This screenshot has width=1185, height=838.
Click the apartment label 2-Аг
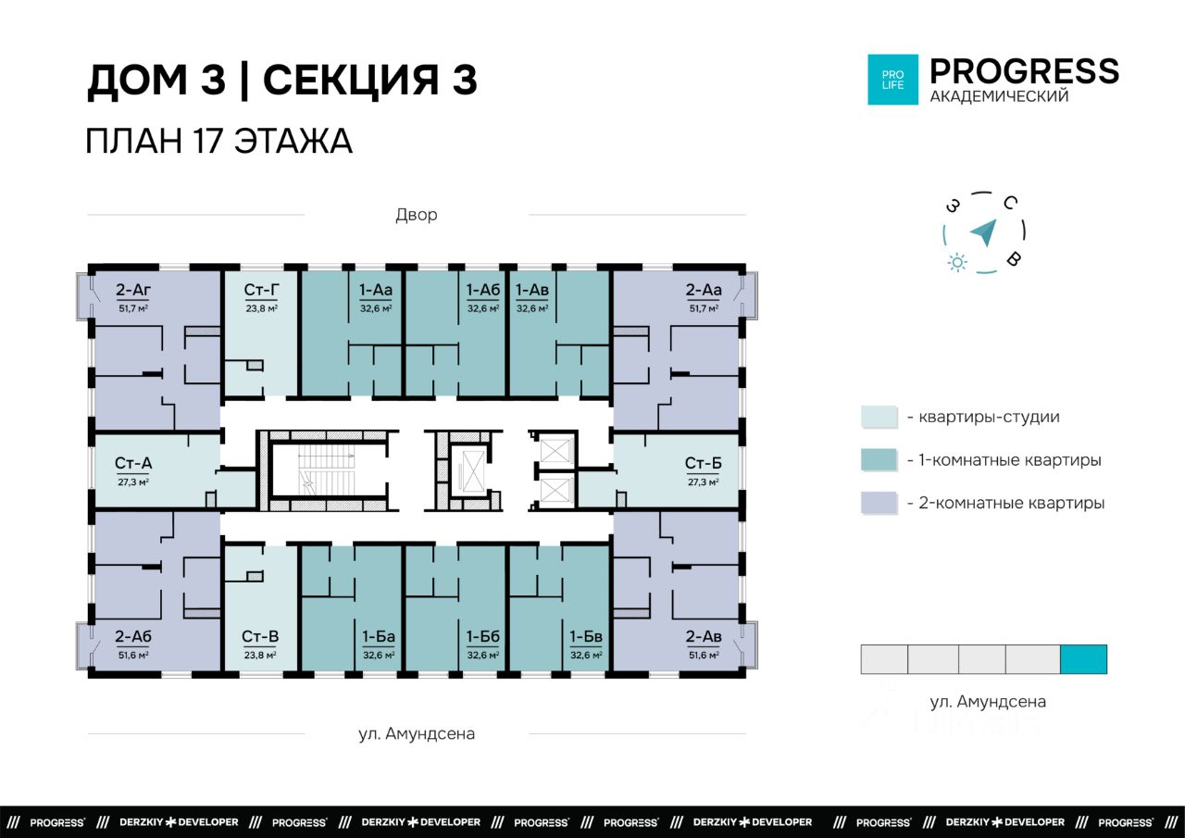[133, 290]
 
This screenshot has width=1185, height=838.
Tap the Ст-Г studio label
[261, 290]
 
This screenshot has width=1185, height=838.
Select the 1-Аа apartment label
[376, 290]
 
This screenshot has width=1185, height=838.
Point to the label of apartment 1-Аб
[482, 290]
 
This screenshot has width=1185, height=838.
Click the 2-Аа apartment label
[704, 290]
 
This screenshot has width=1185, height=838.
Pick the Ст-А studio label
[133, 463]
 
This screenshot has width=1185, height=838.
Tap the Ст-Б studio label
[703, 463]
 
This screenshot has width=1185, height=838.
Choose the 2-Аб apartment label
[133, 636]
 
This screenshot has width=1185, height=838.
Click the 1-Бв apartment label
[586, 636]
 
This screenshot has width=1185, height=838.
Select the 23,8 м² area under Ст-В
[260, 655]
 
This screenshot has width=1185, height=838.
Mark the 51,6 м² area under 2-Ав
[704, 655]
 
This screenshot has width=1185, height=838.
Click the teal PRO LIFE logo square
[893, 80]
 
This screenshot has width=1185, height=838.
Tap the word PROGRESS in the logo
[1024, 71]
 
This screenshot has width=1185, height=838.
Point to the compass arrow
[984, 232]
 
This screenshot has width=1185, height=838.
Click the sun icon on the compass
[957, 262]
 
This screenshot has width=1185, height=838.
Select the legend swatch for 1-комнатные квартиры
[879, 459]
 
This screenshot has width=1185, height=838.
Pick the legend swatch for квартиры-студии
[879, 417]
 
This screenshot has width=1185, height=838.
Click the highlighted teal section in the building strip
[1083, 659]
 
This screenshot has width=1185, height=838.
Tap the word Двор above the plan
[417, 215]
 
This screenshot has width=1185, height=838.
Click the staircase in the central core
[327, 469]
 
